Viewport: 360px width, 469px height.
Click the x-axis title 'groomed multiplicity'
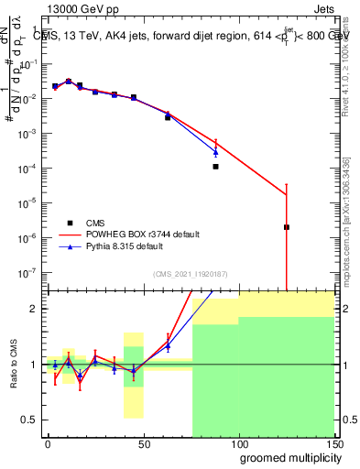coord(287,457)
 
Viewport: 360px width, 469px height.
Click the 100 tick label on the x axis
coord(238,443)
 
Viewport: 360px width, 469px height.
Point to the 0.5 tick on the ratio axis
coord(29,420)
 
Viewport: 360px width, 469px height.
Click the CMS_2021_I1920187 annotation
coord(190,274)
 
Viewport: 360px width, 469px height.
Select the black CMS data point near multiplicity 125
coord(287,227)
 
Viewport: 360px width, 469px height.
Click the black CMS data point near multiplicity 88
coord(215,167)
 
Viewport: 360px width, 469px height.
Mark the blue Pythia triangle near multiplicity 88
coord(215,151)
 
